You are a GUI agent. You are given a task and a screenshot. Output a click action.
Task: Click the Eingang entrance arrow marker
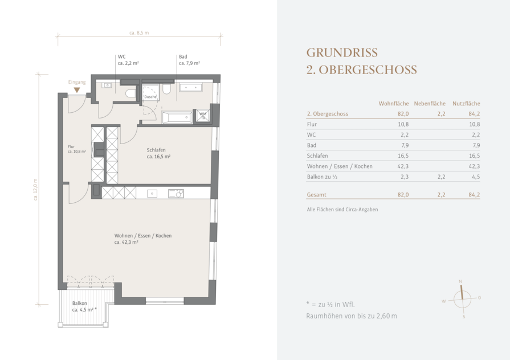tap(77, 90)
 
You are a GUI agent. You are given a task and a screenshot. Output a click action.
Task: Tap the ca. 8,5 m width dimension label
tap(139, 33)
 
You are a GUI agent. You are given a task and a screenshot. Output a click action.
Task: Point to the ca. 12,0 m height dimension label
tap(36, 189)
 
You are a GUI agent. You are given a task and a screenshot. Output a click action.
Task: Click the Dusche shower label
tap(150, 97)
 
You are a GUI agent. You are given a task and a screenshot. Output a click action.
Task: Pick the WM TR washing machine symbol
tap(203, 116)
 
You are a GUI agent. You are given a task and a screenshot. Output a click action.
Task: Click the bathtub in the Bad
tap(177, 117)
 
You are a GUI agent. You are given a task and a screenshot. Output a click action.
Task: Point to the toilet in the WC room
tap(130, 93)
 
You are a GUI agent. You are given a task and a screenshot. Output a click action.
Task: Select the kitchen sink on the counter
tap(152, 194)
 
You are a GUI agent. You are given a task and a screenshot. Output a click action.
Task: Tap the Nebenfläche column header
tap(430, 104)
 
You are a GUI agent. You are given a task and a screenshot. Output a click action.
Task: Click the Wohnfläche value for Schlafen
tap(403, 156)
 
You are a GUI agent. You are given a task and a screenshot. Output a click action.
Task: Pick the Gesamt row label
tap(316, 195)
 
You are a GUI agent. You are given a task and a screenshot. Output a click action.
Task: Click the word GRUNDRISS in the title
tap(342, 52)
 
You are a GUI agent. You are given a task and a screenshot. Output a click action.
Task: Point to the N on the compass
tap(460, 281)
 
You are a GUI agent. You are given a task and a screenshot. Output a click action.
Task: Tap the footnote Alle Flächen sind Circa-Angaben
tap(342, 210)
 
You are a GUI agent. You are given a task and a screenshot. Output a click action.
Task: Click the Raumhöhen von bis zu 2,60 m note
tap(352, 316)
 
